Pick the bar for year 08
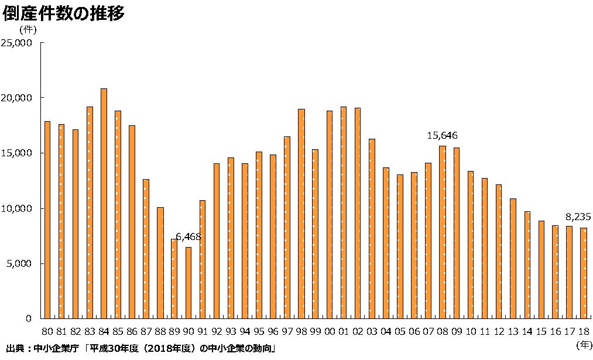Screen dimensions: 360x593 click(443, 232)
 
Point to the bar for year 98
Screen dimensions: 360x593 click(301, 214)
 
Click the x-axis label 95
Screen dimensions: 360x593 click(259, 331)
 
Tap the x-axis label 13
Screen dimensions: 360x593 click(513, 331)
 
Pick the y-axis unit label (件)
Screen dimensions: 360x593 click(28, 28)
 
